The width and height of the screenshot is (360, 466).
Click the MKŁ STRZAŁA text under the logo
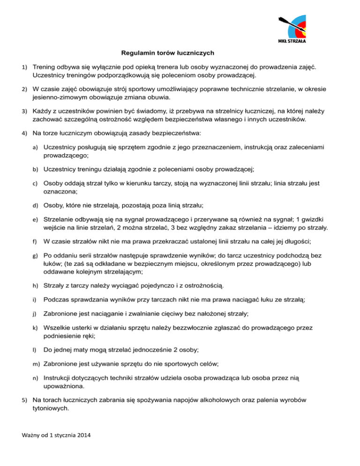click(x=289, y=41)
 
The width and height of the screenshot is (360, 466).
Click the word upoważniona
click(x=64, y=387)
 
